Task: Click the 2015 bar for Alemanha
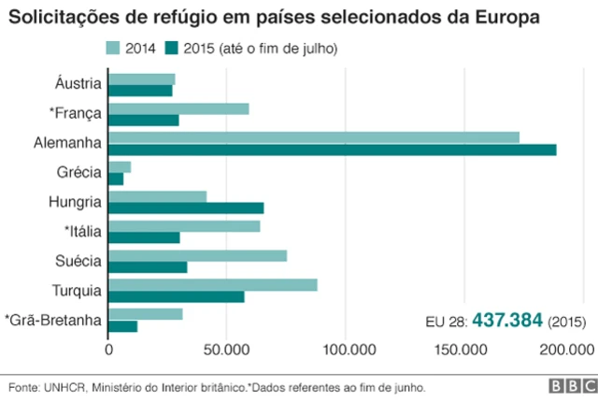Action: (333, 150)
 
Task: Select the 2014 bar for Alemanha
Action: (314, 137)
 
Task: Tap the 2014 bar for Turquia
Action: (213, 284)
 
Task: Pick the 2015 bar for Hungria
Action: (186, 208)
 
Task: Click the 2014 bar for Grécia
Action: (120, 166)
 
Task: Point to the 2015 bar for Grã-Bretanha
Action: (123, 325)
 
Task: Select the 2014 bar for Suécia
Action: (198, 255)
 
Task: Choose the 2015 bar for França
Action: (144, 121)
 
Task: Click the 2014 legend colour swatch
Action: (113, 48)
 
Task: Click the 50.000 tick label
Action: (227, 350)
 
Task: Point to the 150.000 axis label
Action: (463, 350)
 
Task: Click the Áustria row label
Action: (78, 84)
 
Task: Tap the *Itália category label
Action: (82, 230)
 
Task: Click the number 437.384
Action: (507, 320)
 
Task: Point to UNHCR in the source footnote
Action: (59, 386)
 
